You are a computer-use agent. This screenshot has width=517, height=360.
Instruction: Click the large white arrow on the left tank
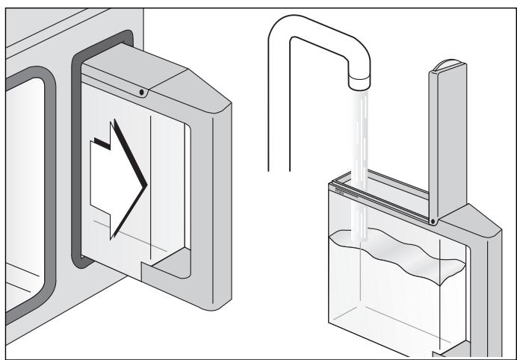112,179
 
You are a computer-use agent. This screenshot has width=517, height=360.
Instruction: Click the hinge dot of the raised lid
433,220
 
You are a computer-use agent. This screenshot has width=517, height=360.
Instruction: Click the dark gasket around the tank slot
75,149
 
